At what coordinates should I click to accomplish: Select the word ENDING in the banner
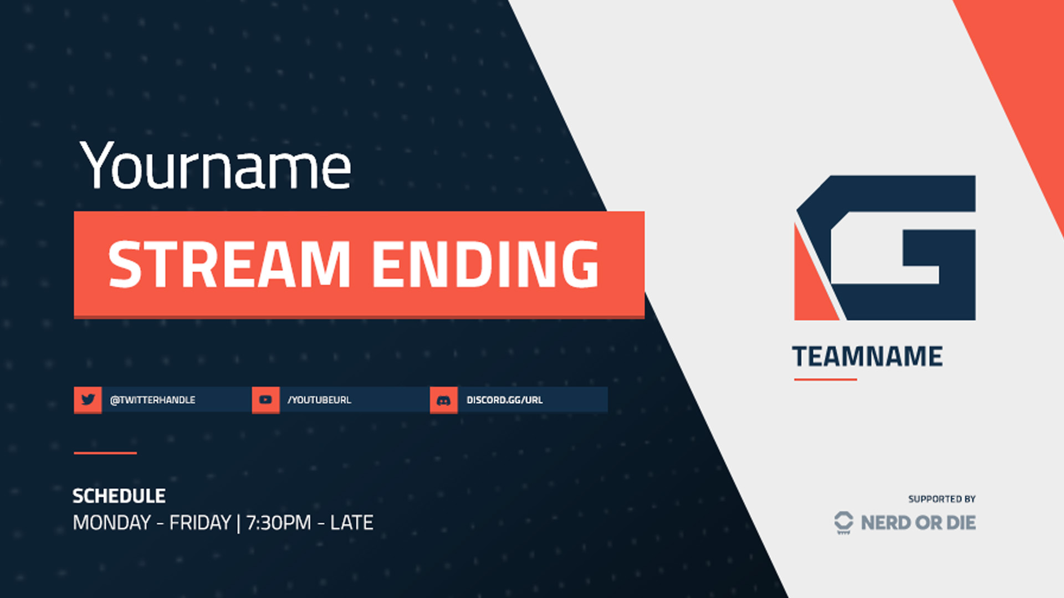pos(485,265)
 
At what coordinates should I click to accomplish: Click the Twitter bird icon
pos(88,400)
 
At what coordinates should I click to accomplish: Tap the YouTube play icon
pos(265,400)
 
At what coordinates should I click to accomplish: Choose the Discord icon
pos(443,400)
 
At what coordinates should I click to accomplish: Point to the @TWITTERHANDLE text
pos(152,400)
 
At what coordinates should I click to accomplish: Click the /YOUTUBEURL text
pos(319,400)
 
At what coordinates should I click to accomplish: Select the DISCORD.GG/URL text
pos(504,400)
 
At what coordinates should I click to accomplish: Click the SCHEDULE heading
pos(119,496)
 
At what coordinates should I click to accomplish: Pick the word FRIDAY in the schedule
pos(200,523)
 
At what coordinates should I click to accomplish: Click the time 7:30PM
pos(279,523)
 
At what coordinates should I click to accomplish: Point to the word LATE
pos(351,523)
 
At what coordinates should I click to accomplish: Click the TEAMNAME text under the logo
pos(867,357)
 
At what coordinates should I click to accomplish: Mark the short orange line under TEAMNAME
pos(825,379)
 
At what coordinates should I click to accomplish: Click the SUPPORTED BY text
pos(942,499)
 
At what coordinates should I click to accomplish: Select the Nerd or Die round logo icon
pos(843,522)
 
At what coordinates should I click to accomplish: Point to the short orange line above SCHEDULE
pos(105,453)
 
